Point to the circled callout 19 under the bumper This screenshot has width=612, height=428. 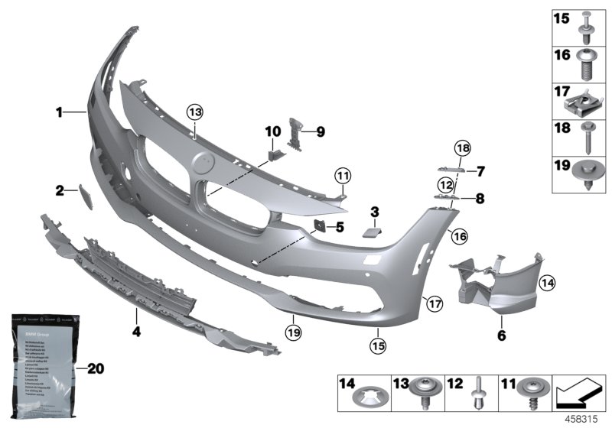[x=291, y=332]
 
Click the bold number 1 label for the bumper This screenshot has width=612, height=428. [x=59, y=114]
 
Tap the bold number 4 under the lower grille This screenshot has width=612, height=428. [x=136, y=332]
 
